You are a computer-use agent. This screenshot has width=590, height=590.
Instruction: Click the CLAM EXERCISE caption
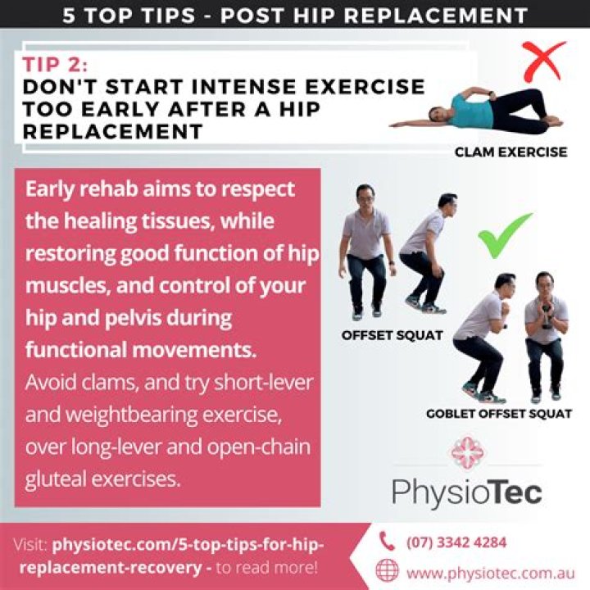coord(511,152)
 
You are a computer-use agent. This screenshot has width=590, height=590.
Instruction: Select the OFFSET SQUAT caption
coord(392,335)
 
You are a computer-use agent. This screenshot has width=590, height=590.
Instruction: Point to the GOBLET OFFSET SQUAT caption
coord(499,414)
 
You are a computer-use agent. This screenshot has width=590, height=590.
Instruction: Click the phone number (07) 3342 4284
coord(456,542)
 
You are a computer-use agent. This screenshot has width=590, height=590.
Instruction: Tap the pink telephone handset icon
coord(387,541)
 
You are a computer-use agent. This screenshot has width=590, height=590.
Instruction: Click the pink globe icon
coord(387,570)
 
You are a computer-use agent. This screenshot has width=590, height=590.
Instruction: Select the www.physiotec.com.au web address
coord(491,574)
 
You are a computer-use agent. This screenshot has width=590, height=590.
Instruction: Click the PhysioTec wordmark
coord(466,492)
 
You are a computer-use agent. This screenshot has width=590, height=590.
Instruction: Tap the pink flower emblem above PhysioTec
coord(468,452)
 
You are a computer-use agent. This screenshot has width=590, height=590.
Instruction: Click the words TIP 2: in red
coord(56,65)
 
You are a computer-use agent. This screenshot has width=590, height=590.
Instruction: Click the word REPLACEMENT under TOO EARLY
coord(113,132)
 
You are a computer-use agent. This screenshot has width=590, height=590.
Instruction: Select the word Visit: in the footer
coord(30,544)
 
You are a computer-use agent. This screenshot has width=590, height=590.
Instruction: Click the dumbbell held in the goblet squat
coord(547,319)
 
